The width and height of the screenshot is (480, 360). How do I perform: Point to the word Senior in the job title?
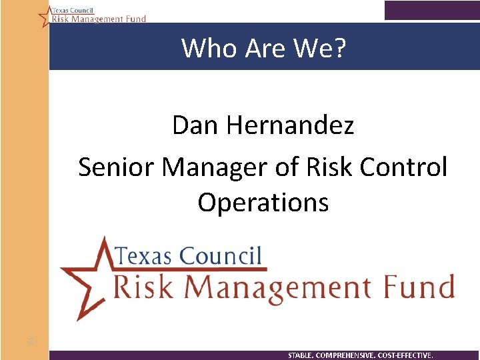coord(117,167)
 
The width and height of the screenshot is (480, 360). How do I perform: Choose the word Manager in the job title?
coord(217,167)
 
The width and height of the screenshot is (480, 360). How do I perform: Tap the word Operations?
coord(263,203)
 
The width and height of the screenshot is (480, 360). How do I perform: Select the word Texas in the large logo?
coord(145,255)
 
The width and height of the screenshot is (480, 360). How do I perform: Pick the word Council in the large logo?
coord(221,255)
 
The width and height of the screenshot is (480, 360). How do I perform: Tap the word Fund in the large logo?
coord(422,287)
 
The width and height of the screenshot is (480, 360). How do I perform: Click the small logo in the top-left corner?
coord(92,15)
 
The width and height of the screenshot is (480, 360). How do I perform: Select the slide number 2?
coord(31,342)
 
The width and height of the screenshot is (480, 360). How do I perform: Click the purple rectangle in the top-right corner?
coord(431,10)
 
